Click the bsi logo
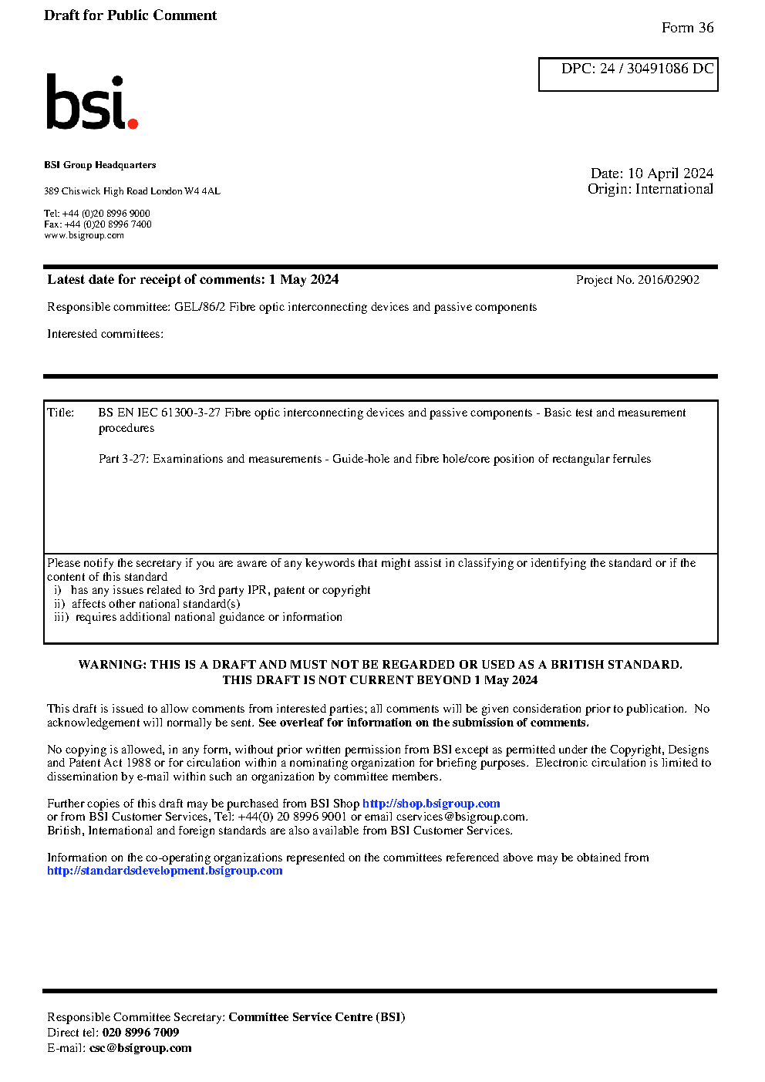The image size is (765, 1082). pos(91,102)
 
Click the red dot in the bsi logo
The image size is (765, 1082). pos(133,123)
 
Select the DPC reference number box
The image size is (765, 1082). pos(628,74)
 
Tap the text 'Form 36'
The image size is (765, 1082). pos(687,28)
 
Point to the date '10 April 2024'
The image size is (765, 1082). pos(670,174)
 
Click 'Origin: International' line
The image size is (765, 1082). pos(650,189)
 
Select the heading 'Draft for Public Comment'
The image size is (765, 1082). pos(130,15)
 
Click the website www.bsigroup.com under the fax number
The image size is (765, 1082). pos(84,236)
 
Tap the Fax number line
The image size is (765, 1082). pos(98,224)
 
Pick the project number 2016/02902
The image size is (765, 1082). pos(669,280)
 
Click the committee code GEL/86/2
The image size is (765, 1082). pos(200,307)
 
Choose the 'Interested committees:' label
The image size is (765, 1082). pos(106,334)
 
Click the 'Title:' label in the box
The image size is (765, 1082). pos(61,413)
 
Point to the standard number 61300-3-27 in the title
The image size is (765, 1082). pos(190,413)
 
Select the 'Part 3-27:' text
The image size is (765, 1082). pos(124,459)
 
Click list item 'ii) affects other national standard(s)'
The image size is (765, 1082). pos(147,604)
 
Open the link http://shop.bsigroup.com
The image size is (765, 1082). pos(431,804)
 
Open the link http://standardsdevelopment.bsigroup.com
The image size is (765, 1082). pos(165,871)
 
